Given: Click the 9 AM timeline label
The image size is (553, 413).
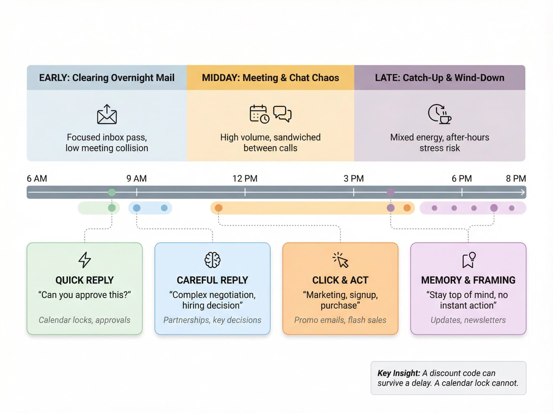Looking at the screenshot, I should click(137, 178).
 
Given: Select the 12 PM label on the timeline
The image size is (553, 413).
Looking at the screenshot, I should click(245, 178).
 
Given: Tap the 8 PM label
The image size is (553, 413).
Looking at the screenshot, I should click(516, 178).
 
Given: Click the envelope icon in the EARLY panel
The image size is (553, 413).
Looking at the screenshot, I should click(107, 114).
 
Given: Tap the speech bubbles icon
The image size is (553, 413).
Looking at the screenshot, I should click(282, 114).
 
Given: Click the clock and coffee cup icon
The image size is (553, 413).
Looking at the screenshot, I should click(440, 114).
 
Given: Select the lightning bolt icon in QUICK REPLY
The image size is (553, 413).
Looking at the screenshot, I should click(85, 260).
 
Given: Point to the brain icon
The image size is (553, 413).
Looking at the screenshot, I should click(213, 260).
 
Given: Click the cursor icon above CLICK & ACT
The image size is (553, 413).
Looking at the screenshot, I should click(340, 260).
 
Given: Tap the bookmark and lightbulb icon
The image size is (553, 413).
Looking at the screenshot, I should click(469, 260).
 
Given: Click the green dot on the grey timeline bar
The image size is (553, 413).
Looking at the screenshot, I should click(112, 192).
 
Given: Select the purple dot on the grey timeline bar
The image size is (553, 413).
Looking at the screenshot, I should click(391, 192).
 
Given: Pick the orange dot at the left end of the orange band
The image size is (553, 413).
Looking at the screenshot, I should click(219, 208).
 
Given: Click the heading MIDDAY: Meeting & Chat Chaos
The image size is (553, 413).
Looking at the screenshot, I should click(270, 78).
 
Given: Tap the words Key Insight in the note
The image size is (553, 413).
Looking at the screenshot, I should click(399, 373).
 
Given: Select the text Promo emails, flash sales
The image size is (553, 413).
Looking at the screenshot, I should click(340, 320).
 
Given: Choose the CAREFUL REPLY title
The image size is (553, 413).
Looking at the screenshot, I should click(212, 280).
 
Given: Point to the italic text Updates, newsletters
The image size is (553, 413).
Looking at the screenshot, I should click(468, 320).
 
